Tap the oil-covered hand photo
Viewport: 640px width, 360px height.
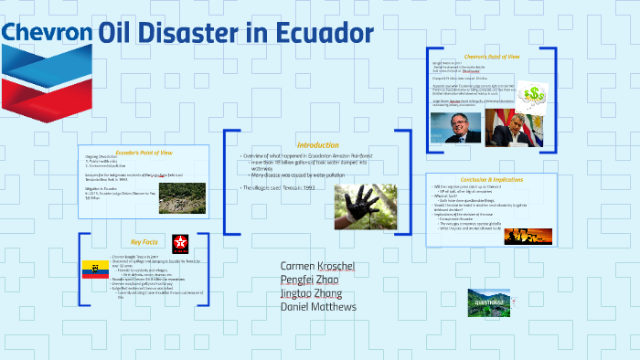tap(365, 206)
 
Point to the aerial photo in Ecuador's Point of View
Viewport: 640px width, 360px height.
tap(183, 197)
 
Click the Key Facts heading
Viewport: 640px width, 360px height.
tap(144, 242)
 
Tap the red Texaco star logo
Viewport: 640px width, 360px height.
tap(181, 243)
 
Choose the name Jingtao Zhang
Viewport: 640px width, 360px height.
tap(312, 293)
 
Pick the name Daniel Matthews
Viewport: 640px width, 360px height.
tap(318, 307)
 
